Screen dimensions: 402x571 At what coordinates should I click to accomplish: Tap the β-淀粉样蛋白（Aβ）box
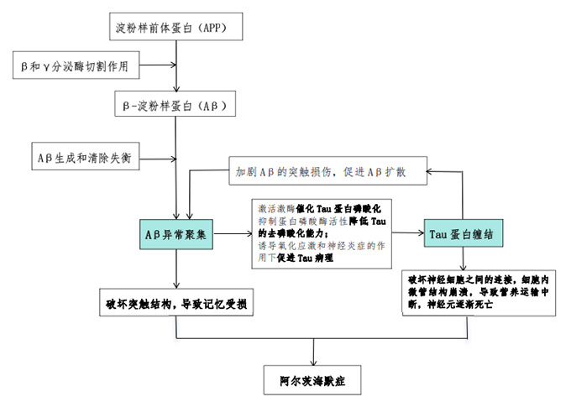point(175,107)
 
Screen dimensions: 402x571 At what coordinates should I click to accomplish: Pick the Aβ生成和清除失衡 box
point(76,157)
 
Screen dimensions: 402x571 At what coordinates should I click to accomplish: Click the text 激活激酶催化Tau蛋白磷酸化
point(319,206)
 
